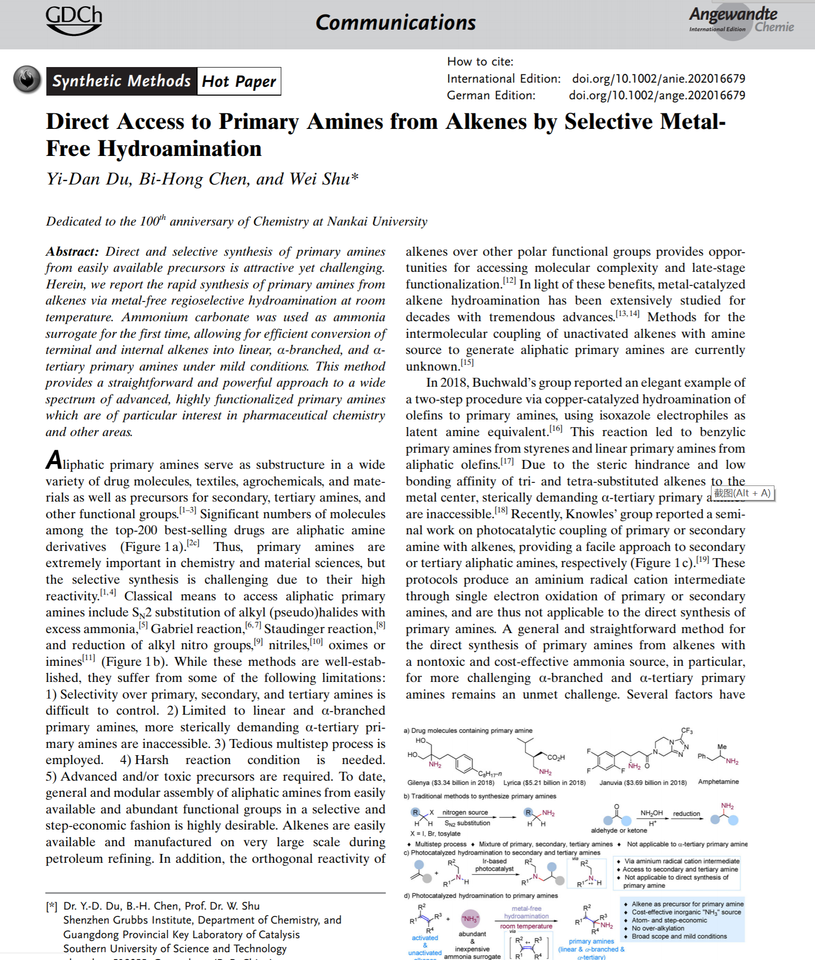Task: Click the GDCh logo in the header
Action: point(74,20)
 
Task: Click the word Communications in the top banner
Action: point(396,22)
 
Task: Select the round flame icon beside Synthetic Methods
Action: point(27,80)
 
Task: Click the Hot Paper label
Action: point(239,82)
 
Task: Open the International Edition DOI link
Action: point(658,78)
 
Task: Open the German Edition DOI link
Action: point(656,95)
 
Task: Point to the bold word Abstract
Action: point(72,252)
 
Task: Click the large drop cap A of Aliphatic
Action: point(54,461)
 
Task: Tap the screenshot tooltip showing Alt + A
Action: point(742,493)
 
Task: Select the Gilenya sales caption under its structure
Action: point(450,782)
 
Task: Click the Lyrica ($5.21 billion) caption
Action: point(544,782)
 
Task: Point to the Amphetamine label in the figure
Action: point(718,781)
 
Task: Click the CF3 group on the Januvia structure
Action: point(687,731)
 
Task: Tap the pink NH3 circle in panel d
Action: point(470,918)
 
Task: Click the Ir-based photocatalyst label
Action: point(494,865)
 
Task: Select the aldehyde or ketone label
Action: point(619,830)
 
